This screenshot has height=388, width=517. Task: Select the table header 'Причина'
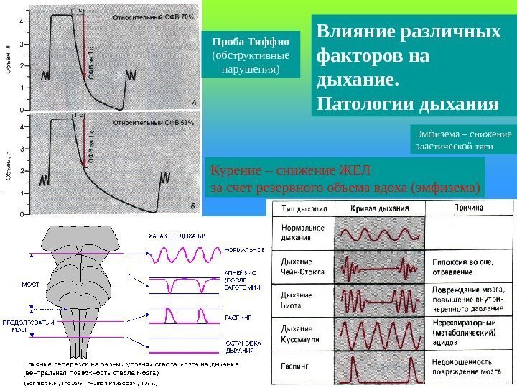467,208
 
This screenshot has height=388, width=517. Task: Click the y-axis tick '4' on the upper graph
22,22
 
